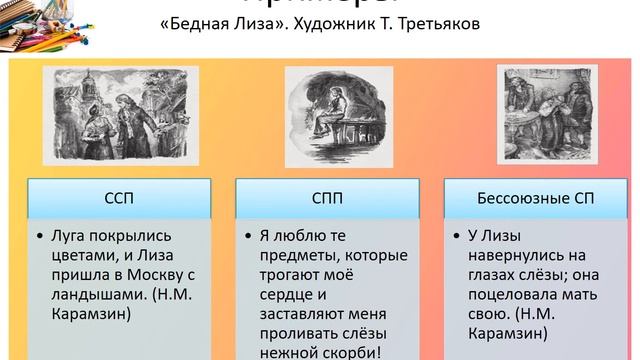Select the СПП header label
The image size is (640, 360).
click(x=320, y=198)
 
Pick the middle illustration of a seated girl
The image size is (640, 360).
click(x=327, y=113)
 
